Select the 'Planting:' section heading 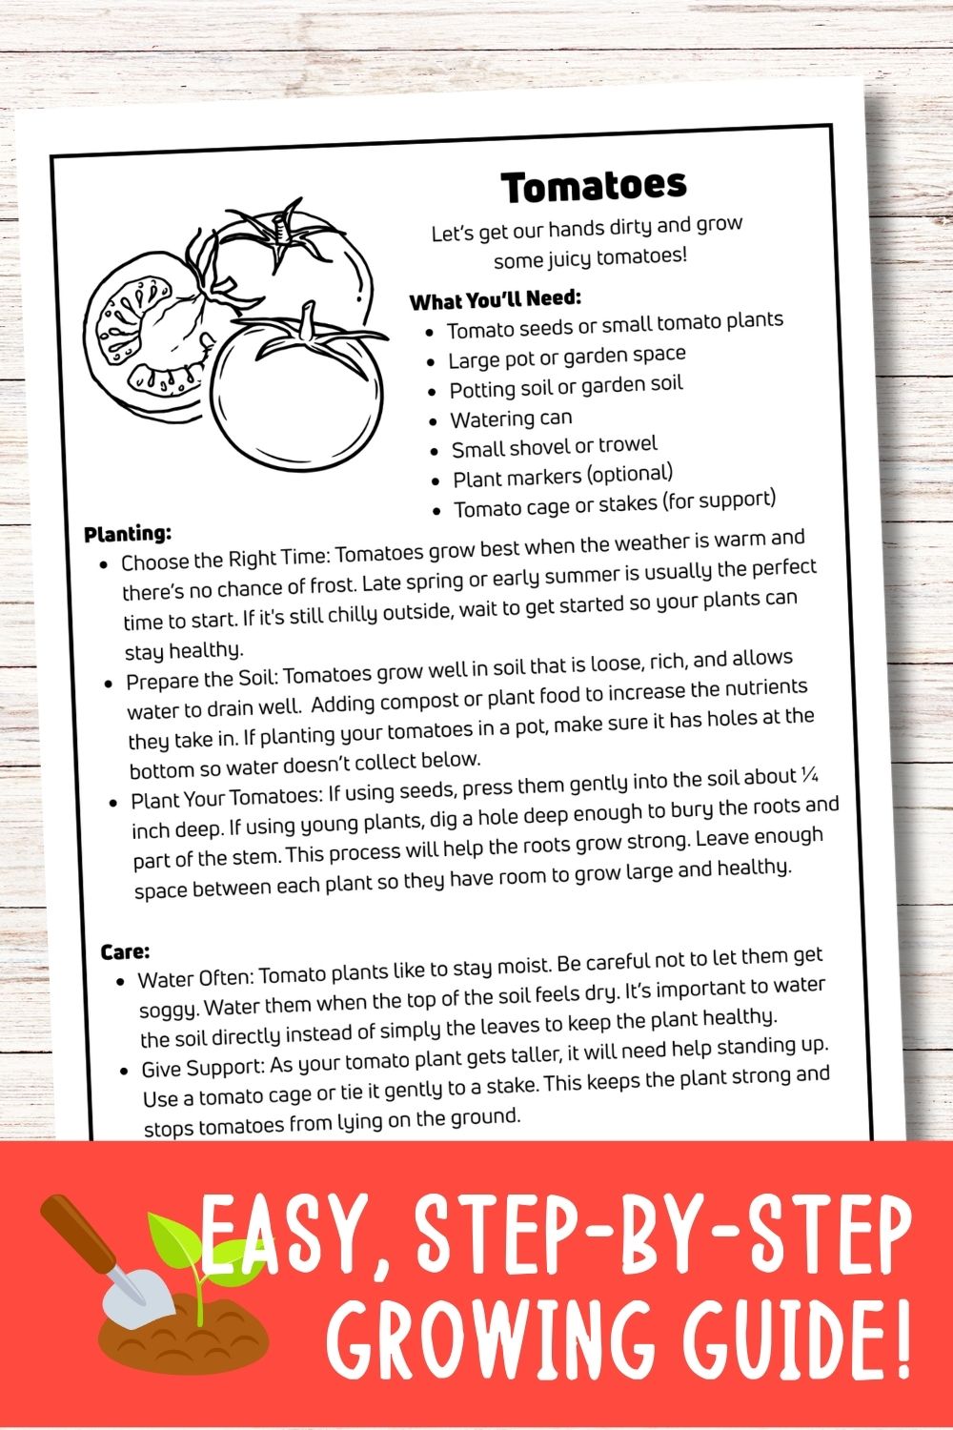(x=128, y=533)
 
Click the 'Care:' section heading (x=125, y=951)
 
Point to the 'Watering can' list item (x=511, y=419)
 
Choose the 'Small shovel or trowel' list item (x=554, y=446)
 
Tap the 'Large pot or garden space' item (x=566, y=357)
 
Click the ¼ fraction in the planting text (x=810, y=774)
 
